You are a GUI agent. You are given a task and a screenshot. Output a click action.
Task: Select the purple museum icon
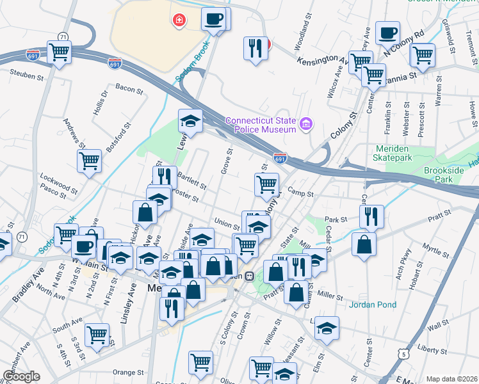(x=306, y=123)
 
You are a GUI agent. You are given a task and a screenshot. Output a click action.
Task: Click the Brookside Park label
(x=446, y=176)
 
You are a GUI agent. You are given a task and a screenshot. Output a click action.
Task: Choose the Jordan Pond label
(x=373, y=305)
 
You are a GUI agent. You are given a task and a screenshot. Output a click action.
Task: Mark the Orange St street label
(x=128, y=372)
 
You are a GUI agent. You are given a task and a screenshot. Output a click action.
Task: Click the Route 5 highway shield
(x=402, y=353)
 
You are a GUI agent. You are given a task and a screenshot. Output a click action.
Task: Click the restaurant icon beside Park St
(x=371, y=216)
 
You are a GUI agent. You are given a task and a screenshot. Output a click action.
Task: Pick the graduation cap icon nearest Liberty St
(x=327, y=327)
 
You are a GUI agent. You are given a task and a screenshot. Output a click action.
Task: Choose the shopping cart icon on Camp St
(x=266, y=184)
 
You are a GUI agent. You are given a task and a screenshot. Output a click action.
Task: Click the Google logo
(x=21, y=376)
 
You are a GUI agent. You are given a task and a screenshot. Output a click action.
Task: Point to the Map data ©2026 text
(x=451, y=379)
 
